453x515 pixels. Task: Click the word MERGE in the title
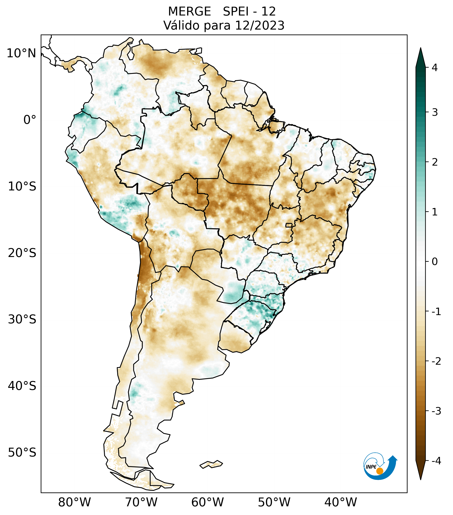click(189, 12)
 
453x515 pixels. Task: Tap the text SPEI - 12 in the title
click(249, 12)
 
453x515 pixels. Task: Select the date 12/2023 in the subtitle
click(260, 25)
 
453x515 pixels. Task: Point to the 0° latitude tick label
click(30, 120)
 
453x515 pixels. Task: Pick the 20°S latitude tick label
click(22, 253)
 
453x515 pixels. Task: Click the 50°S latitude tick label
click(22, 453)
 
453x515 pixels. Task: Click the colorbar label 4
click(435, 68)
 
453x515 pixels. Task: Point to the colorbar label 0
click(435, 262)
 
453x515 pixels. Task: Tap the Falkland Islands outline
click(211, 464)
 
